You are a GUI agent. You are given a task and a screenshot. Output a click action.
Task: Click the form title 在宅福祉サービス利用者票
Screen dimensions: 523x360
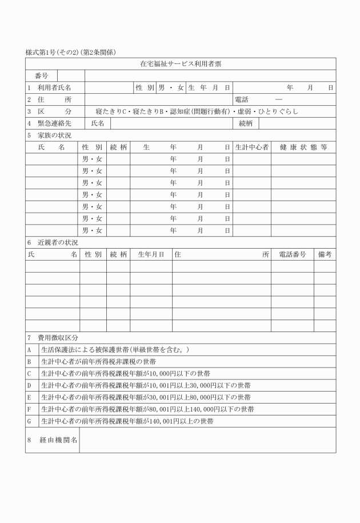click(x=181, y=64)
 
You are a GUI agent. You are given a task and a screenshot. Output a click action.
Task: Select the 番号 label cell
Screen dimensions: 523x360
click(x=41, y=76)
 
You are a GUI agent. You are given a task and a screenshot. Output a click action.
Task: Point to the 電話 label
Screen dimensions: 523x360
click(x=242, y=99)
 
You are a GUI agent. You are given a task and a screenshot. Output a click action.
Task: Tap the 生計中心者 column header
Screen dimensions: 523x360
click(x=251, y=147)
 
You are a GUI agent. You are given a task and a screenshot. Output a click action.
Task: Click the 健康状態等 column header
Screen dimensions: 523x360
click(x=303, y=147)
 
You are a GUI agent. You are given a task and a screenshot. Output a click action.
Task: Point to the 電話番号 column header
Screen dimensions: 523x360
click(x=292, y=254)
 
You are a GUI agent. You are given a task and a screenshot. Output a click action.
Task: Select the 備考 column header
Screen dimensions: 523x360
click(x=325, y=254)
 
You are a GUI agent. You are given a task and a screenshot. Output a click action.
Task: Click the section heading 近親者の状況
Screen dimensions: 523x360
click(x=58, y=242)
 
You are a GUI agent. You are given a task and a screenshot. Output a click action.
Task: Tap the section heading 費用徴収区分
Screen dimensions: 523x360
click(x=58, y=338)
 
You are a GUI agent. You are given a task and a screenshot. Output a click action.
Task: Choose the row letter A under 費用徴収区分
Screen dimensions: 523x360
click(x=29, y=350)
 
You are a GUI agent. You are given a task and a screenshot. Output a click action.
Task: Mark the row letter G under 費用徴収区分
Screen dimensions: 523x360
click(x=29, y=421)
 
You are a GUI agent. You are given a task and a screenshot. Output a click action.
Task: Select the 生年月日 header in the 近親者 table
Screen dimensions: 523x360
click(x=151, y=254)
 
